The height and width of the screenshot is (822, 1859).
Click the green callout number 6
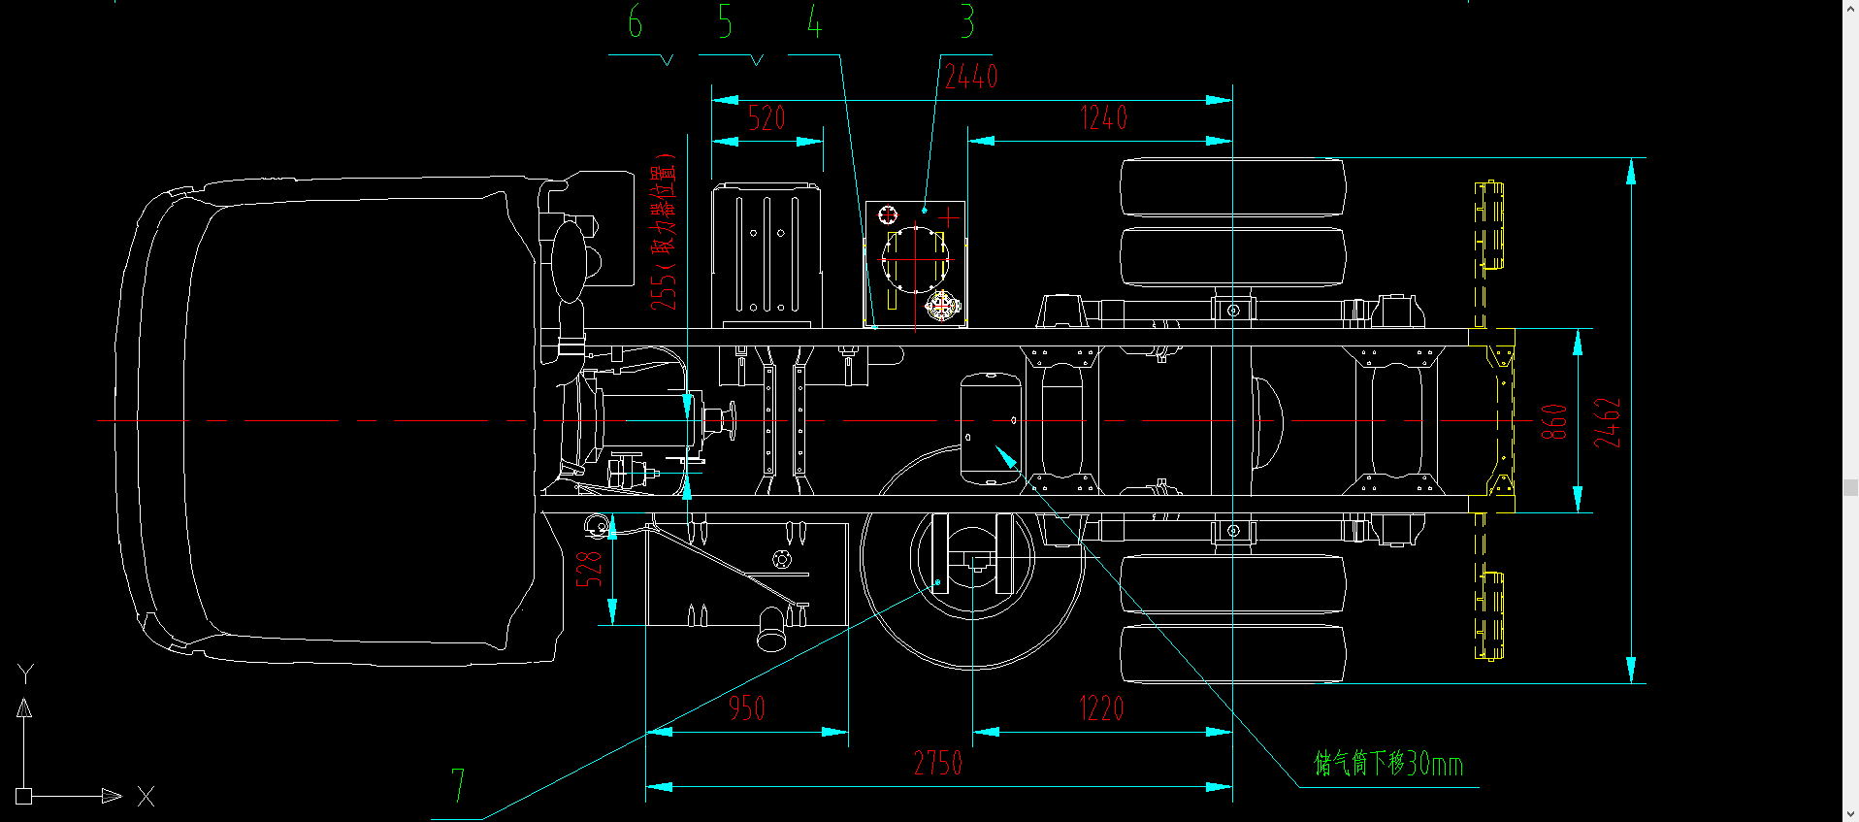(x=636, y=21)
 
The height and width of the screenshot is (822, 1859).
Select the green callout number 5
(x=725, y=21)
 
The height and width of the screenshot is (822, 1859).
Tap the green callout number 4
(x=815, y=21)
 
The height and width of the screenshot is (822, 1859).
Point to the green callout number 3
(x=966, y=21)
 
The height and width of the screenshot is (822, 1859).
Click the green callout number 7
(x=458, y=785)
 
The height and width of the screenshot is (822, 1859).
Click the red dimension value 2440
(x=971, y=77)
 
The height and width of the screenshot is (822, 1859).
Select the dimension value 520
(x=766, y=118)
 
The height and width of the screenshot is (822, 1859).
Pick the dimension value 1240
(x=1104, y=118)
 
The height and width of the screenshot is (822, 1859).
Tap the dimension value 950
(x=747, y=708)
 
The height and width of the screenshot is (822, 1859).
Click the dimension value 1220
(x=1101, y=708)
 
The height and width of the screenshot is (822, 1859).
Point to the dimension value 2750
(x=938, y=763)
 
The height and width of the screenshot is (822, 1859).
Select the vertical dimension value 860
(x=1554, y=422)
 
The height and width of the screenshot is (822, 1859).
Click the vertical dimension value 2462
(x=1608, y=422)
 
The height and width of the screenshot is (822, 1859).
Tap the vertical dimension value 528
(x=589, y=569)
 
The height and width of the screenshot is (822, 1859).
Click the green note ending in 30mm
(x=1388, y=764)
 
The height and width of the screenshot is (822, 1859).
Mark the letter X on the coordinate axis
(x=146, y=797)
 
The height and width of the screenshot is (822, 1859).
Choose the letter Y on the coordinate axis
(x=25, y=674)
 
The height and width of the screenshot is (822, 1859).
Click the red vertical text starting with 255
(x=664, y=233)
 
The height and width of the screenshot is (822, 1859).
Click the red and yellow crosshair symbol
(x=941, y=306)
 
